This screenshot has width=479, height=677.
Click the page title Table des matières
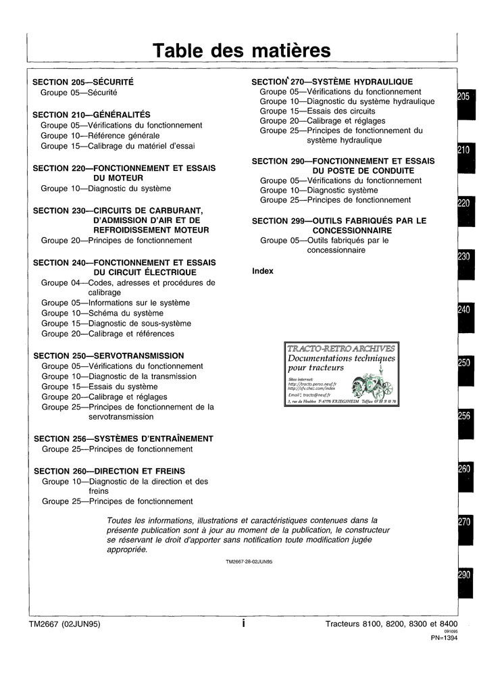(x=242, y=51)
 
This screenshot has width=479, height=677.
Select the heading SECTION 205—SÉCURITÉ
(x=83, y=82)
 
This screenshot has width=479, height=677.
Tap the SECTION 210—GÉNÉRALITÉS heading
(x=91, y=115)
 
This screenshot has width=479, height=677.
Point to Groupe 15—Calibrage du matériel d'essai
(x=118, y=146)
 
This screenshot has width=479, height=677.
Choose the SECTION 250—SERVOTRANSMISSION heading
(x=108, y=355)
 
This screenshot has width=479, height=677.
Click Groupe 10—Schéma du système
(x=102, y=314)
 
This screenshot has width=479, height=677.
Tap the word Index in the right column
(x=262, y=271)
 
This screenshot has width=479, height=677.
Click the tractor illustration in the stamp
(x=370, y=386)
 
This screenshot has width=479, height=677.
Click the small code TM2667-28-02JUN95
(x=253, y=562)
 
